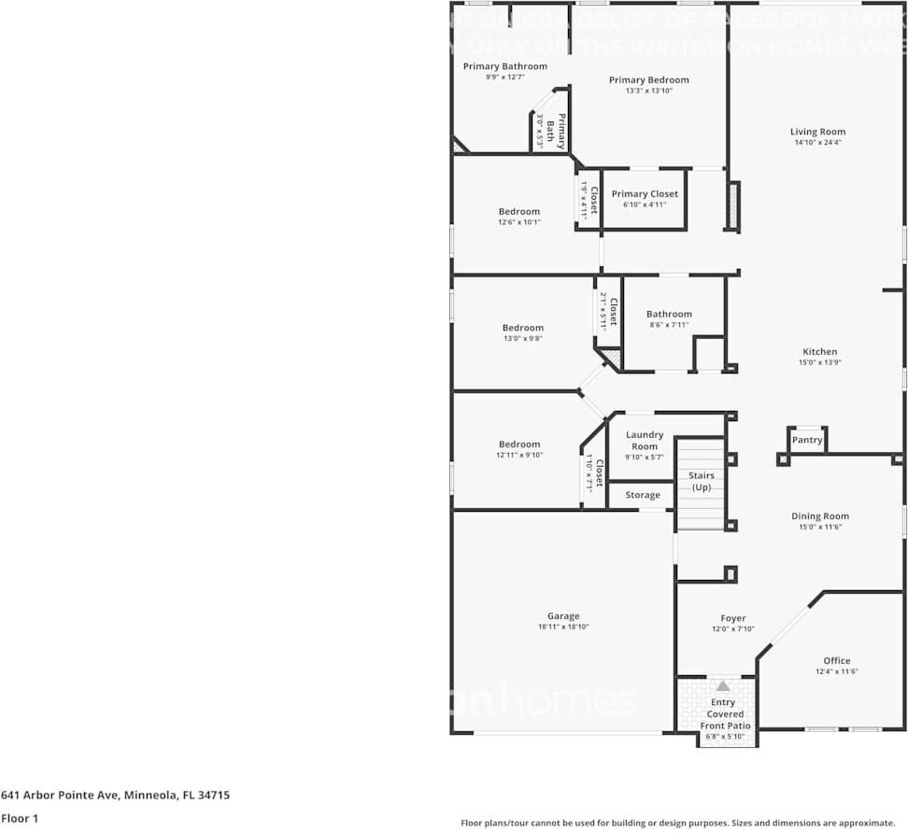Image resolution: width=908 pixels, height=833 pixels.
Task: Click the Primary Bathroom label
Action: click(x=504, y=66)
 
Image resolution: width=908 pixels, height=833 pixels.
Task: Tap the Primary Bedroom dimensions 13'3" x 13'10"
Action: click(x=648, y=91)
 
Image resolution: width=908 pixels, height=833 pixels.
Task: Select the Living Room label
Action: click(x=817, y=132)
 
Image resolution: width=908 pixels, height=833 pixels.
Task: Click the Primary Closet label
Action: click(x=645, y=194)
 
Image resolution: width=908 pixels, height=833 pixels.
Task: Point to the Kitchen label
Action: click(x=819, y=352)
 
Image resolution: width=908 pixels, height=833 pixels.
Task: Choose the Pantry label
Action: click(x=807, y=440)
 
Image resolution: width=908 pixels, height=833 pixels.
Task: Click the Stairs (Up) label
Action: click(x=701, y=482)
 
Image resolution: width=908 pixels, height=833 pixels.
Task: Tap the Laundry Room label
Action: click(x=645, y=440)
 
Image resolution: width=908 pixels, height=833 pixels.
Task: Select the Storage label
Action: click(x=643, y=495)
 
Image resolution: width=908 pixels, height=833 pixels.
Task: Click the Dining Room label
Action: click(x=819, y=516)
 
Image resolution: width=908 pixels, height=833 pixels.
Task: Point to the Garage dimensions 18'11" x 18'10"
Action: click(x=563, y=627)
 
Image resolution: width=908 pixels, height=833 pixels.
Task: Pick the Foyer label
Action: click(x=733, y=618)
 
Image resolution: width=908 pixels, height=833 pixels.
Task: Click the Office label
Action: click(x=836, y=660)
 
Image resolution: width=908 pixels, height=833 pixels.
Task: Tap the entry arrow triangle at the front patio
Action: click(x=723, y=686)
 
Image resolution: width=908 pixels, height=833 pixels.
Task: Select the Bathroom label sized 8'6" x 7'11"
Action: click(x=669, y=315)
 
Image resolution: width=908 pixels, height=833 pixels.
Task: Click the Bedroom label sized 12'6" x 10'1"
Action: click(x=518, y=212)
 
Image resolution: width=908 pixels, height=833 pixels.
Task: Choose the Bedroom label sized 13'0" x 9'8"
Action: click(x=522, y=328)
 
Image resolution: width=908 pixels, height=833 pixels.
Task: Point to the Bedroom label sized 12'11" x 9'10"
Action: click(x=518, y=445)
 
